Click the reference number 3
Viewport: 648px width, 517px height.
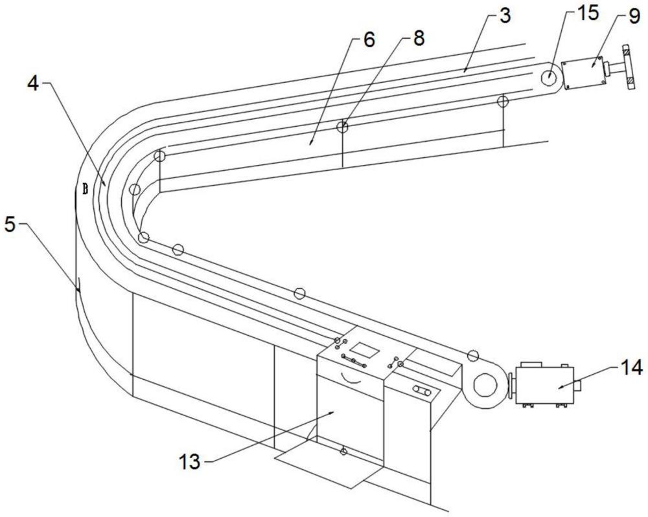coord(504,16)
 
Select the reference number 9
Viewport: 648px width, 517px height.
coord(633,17)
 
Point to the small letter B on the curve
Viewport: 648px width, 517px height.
coord(86,189)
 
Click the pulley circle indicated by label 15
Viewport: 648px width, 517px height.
coord(550,76)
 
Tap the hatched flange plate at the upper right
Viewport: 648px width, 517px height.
coord(629,69)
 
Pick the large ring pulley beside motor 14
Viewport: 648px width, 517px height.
coord(485,386)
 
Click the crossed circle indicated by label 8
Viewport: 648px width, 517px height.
coord(342,127)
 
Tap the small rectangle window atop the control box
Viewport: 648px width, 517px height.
coord(367,350)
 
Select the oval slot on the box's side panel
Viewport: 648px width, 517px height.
coord(422,390)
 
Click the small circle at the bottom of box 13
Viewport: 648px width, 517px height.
coord(343,452)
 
